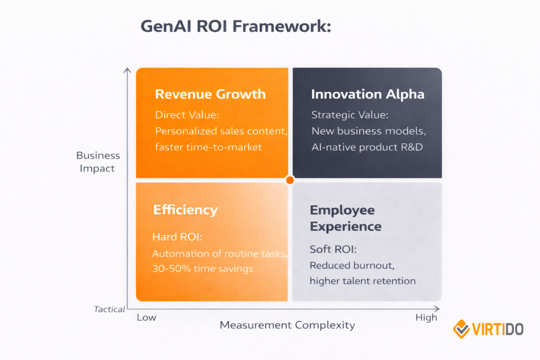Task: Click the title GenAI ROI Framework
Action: (x=236, y=26)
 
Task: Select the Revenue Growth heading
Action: (x=210, y=94)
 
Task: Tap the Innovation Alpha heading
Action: (x=367, y=94)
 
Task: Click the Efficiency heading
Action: (x=185, y=209)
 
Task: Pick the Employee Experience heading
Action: (x=346, y=218)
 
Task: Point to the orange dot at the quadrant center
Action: (x=290, y=180)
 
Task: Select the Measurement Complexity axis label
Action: (x=287, y=325)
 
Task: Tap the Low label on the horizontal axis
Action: (x=146, y=317)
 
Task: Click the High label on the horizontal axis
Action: (x=426, y=317)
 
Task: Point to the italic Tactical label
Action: (x=109, y=309)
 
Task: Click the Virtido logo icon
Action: (x=462, y=329)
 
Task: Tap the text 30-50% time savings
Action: (x=202, y=268)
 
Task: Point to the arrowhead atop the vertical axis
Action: (x=127, y=70)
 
